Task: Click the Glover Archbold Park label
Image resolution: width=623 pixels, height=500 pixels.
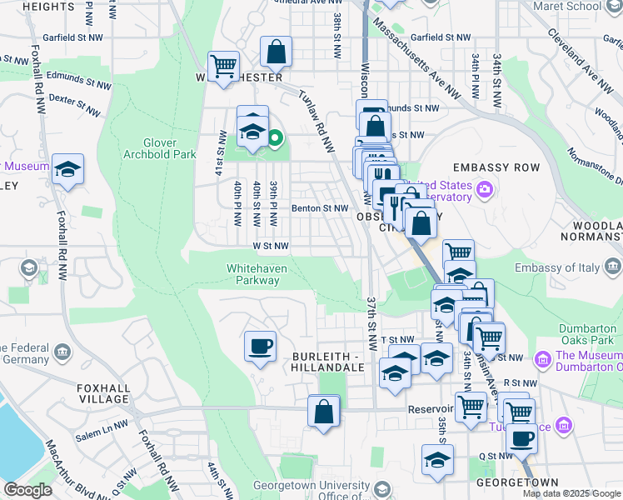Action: click(159, 148)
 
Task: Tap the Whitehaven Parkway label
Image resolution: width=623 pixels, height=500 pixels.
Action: click(253, 274)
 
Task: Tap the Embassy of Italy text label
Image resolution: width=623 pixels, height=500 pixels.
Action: click(556, 267)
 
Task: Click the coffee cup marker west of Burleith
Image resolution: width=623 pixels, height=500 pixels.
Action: click(261, 345)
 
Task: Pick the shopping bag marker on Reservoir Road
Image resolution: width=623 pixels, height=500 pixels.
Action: click(323, 411)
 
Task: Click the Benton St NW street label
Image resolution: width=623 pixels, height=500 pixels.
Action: click(319, 208)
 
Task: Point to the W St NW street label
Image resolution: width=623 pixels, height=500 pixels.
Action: click(271, 246)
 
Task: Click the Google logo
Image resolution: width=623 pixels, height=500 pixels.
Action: click(27, 490)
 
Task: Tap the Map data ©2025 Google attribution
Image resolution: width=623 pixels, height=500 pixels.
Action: click(571, 493)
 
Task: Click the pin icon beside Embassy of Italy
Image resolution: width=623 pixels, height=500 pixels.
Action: click(613, 267)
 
